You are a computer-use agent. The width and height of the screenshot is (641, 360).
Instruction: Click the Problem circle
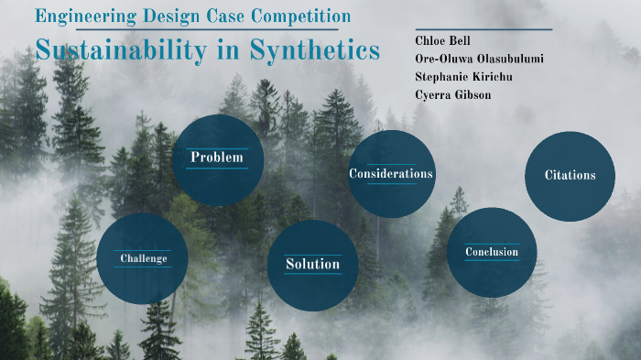[218, 158]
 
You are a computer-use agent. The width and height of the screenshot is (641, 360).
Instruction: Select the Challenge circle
[143, 258]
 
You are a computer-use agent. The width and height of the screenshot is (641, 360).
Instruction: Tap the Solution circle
[312, 265]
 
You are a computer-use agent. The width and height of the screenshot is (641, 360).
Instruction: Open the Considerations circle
[391, 174]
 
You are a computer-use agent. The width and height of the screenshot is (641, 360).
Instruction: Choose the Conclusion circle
[492, 252]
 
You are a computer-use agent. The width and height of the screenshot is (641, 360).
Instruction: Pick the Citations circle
[570, 176]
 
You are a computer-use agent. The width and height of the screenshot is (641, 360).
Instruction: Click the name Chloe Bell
[442, 40]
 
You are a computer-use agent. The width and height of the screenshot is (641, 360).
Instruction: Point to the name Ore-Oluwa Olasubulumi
[479, 58]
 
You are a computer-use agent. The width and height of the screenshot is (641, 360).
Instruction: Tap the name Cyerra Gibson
[454, 94]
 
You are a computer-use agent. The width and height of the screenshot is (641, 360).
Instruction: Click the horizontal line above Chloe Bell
[483, 29]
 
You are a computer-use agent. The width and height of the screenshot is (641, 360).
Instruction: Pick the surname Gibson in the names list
[473, 94]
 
